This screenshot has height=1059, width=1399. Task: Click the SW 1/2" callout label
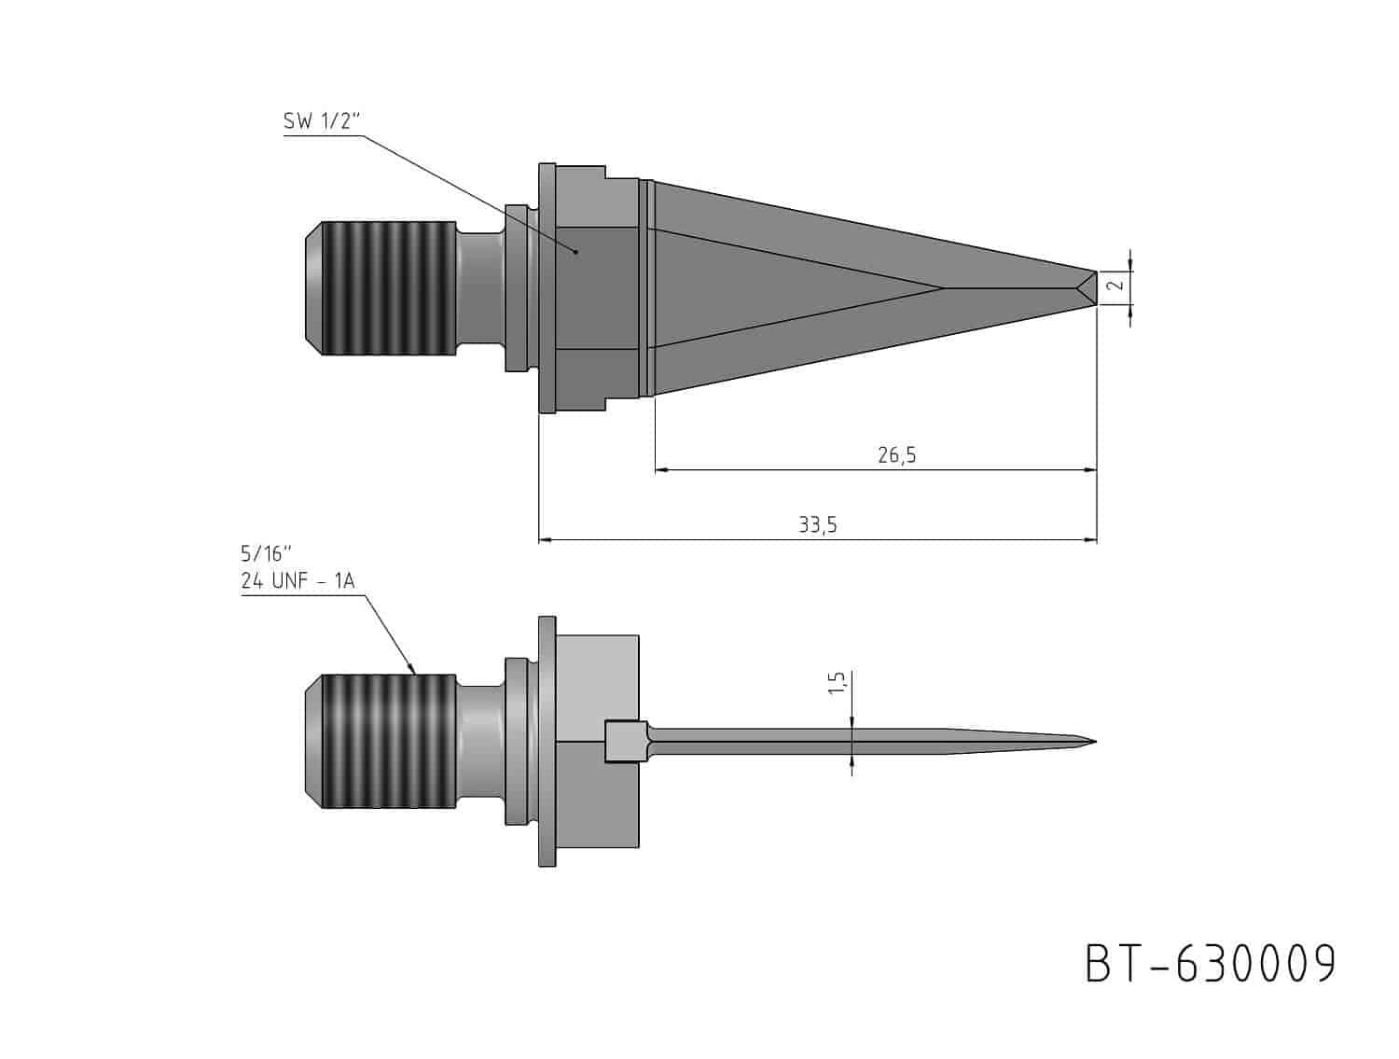(x=323, y=121)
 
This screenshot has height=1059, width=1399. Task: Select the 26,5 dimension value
(x=896, y=454)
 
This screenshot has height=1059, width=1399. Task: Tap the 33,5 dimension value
(x=817, y=524)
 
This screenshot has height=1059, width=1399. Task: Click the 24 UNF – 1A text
(x=298, y=581)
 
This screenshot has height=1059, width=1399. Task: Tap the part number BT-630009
(x=1210, y=964)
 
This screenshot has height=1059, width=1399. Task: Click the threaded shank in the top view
(x=388, y=288)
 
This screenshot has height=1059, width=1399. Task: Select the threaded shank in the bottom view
(x=388, y=741)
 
